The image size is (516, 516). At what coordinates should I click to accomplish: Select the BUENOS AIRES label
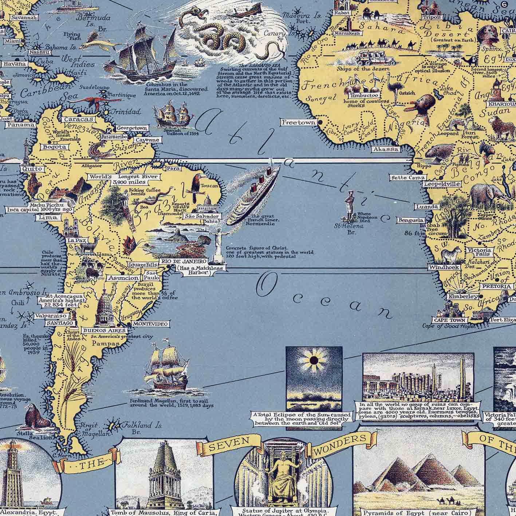coord(104,330)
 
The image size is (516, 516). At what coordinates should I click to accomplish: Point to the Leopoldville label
coord(442,184)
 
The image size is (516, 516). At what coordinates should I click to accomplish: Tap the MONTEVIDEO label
coord(150,323)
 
